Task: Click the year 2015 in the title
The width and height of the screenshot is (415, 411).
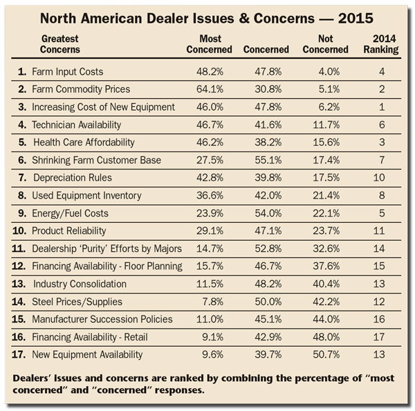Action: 356,18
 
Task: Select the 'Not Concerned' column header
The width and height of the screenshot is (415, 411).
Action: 325,44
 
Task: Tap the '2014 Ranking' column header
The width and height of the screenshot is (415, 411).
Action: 381,44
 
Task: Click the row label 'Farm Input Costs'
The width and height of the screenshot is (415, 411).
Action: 68,72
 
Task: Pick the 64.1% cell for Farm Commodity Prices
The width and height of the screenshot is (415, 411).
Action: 210,89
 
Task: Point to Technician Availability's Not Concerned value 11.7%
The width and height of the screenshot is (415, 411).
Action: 326,125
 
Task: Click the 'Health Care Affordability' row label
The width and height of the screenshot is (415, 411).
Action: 84,143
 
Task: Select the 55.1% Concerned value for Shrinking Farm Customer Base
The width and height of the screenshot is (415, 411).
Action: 268,161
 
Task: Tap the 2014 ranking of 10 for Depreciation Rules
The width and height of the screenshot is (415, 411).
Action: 379,178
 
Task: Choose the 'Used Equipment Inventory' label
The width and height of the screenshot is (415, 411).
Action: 86,196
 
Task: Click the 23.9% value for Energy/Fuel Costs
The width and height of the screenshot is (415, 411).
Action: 210,213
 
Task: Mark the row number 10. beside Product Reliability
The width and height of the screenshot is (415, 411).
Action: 19,231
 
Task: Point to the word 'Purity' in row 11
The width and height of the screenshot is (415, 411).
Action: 93,248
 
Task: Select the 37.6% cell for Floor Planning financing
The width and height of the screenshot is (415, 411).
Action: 326,266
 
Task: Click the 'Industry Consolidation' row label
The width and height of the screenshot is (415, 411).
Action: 80,284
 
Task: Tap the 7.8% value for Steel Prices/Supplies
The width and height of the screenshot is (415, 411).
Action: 213,302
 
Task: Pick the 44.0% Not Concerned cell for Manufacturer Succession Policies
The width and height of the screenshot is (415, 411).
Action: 326,320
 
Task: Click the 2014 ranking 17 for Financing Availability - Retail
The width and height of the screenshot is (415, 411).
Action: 379,337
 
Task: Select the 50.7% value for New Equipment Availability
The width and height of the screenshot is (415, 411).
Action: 326,354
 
